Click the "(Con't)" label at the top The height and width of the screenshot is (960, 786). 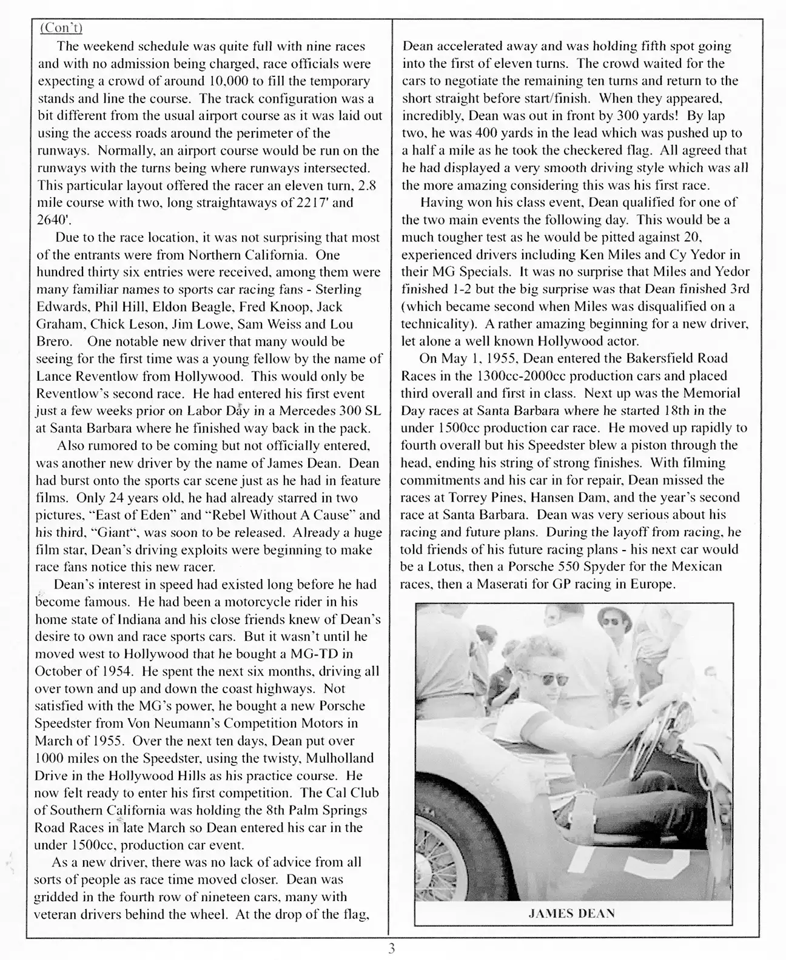[60, 29]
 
